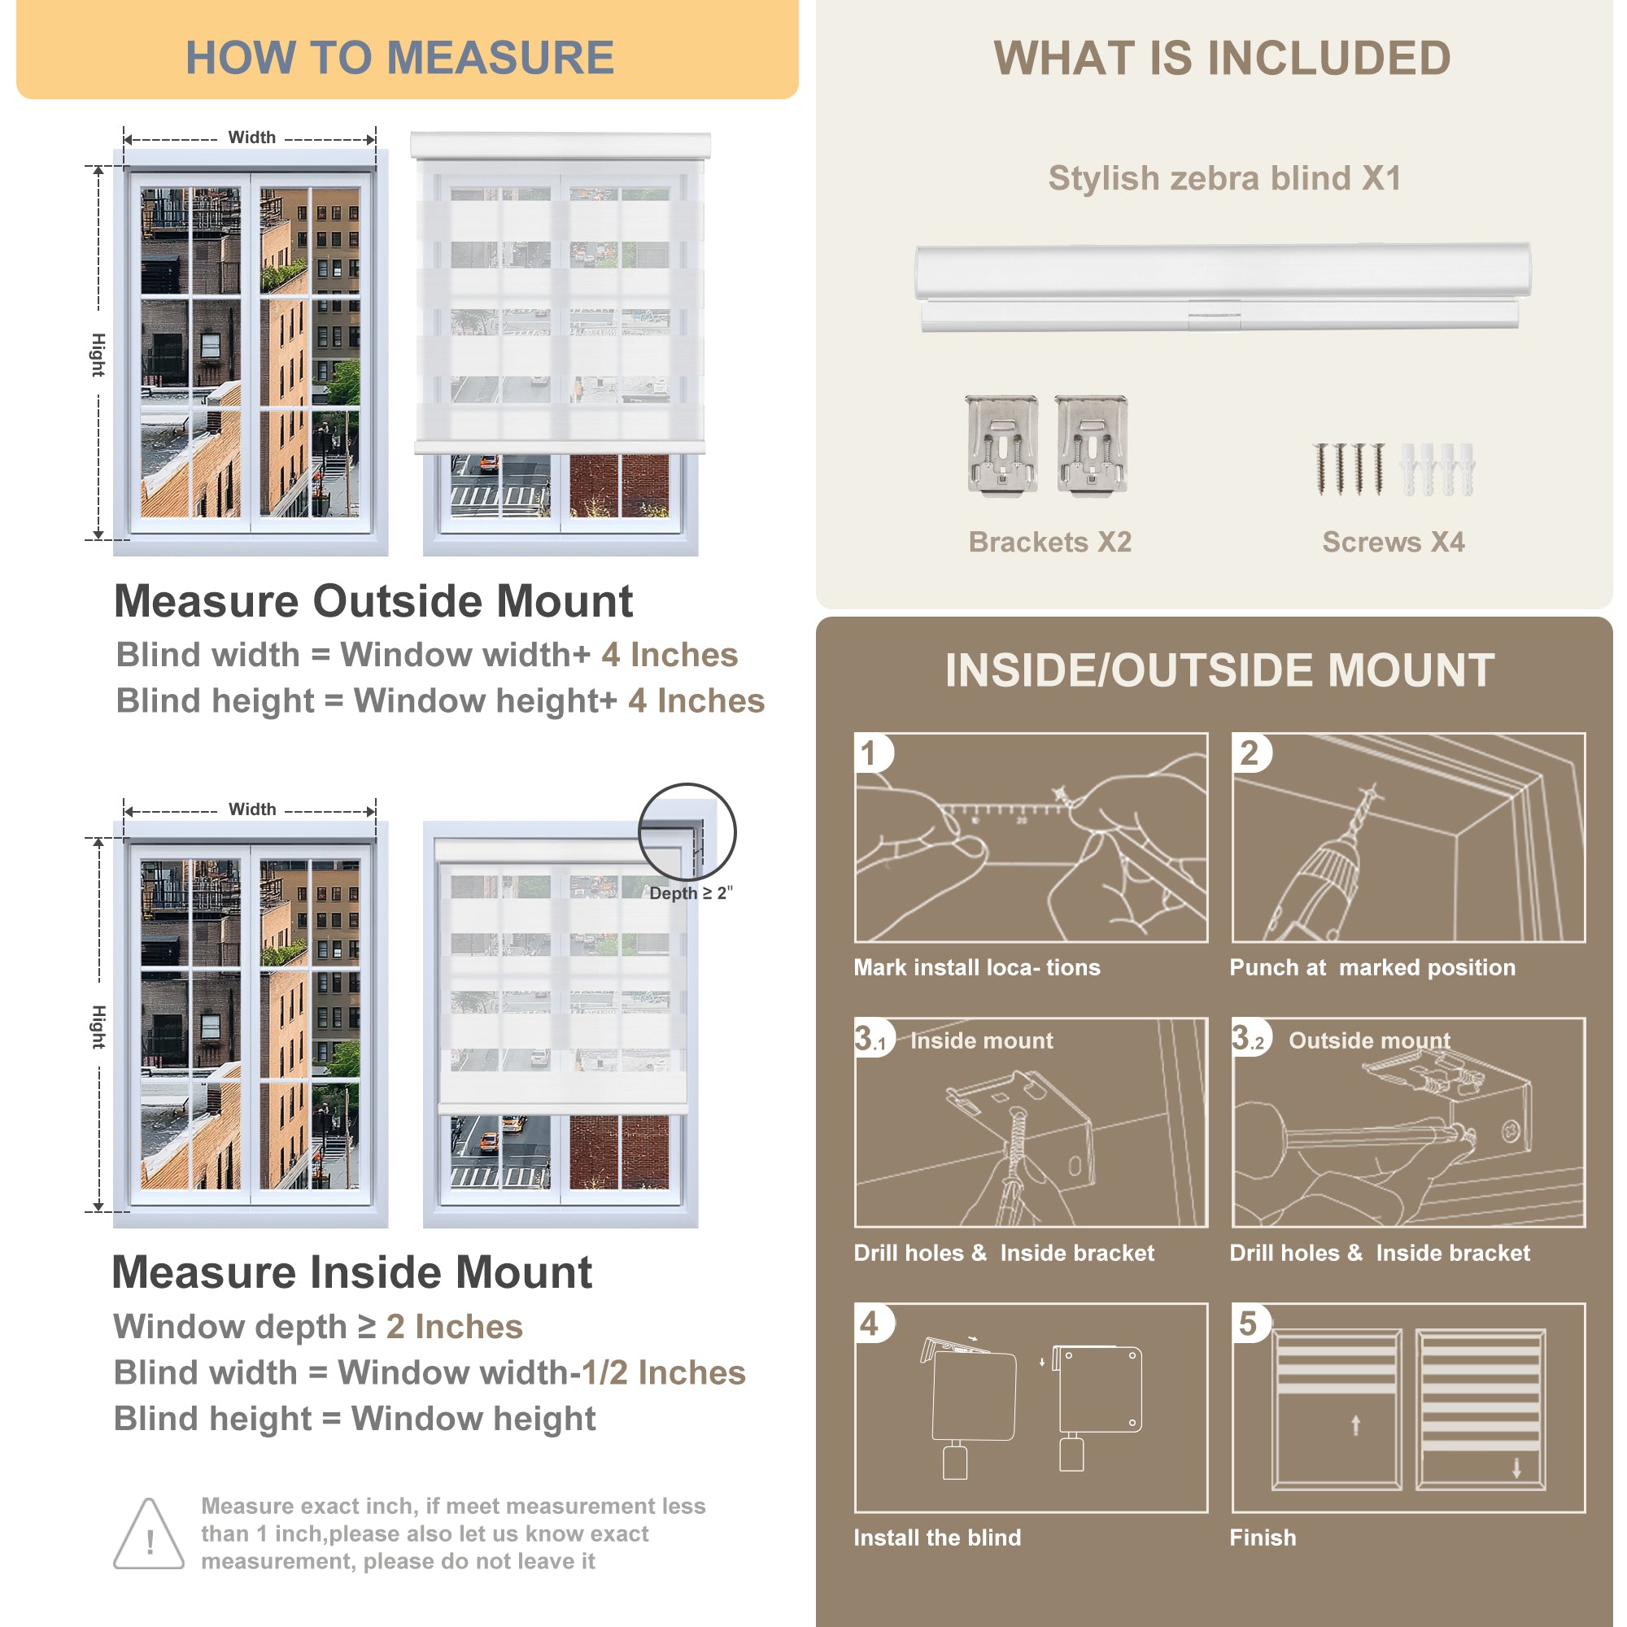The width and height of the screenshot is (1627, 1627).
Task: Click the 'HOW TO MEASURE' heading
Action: coord(399,58)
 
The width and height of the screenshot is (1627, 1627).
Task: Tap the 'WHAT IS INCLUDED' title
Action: coord(1222,58)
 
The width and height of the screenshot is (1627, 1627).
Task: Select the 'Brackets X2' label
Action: coord(1049,542)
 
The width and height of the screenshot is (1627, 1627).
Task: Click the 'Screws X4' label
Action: coord(1393,542)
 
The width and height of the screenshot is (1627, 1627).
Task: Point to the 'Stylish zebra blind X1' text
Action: coord(1224,178)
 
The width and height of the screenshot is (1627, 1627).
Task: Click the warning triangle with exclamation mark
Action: coord(149,1534)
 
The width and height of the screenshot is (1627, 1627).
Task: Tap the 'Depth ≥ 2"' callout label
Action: coord(691,892)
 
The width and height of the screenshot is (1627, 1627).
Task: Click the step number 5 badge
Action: coord(1248,1324)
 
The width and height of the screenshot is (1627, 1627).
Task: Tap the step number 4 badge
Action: coord(870,1324)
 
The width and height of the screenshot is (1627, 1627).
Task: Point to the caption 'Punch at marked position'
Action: coord(1372,967)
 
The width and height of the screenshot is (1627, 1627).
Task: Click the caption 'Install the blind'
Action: coord(937,1538)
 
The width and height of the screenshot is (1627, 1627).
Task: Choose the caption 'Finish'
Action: coord(1263,1538)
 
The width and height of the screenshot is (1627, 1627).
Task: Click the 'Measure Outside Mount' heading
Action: coord(373,601)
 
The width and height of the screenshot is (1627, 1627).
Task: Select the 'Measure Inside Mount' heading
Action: coord(352,1272)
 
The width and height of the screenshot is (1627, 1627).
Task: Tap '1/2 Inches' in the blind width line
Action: coord(664,1372)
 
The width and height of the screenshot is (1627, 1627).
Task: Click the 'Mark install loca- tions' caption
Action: coord(977,967)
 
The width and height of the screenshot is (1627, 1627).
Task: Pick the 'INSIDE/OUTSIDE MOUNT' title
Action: coord(1219,670)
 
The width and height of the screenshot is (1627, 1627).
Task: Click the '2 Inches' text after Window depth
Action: coord(455,1326)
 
